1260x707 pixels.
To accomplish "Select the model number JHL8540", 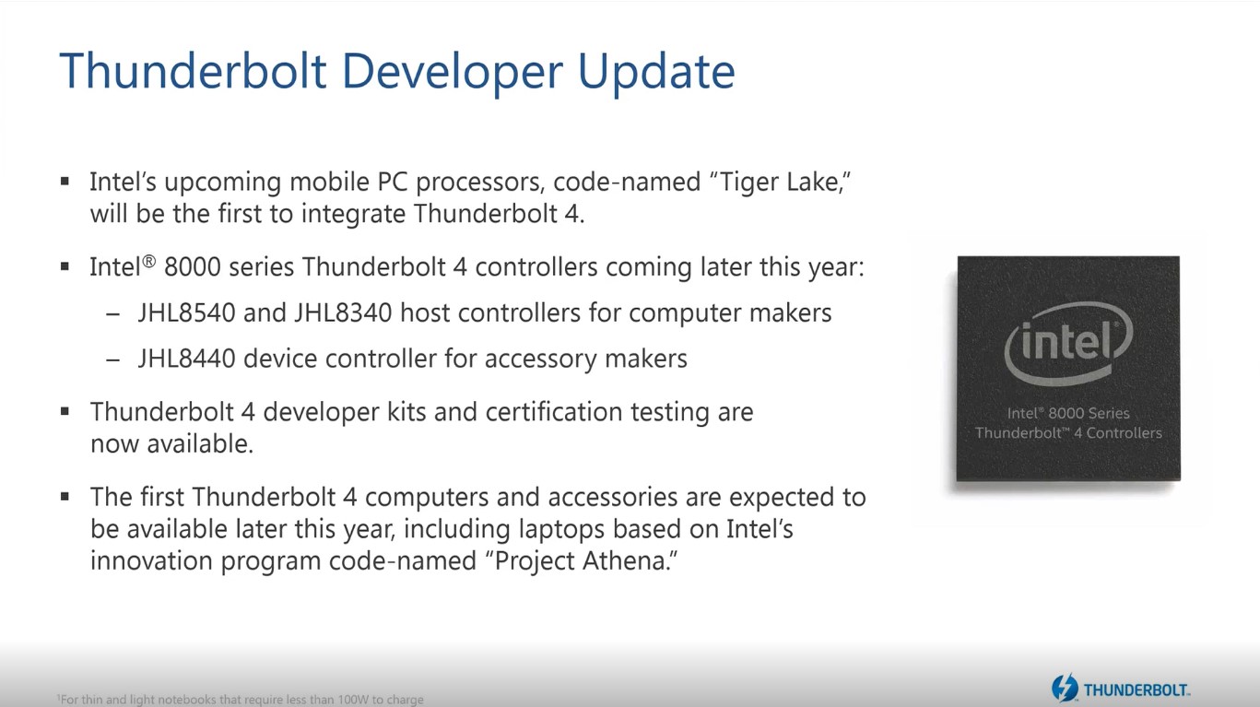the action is tap(187, 312).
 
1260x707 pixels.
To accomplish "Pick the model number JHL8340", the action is tap(343, 312).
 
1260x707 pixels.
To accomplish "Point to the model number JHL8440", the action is tap(187, 359).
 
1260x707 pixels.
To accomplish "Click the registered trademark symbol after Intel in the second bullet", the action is tap(148, 262).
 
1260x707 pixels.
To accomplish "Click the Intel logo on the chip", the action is tap(1068, 343).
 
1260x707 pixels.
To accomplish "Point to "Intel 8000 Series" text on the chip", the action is tap(1068, 413).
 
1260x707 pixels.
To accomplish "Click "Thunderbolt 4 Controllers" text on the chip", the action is tap(1068, 433).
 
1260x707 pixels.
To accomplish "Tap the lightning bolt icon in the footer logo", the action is tap(1065, 688).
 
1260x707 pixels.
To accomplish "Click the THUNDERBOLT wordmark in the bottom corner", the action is tap(1136, 690).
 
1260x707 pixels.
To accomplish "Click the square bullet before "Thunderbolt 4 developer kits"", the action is tap(65, 412).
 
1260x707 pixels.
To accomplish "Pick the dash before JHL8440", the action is tap(113, 359).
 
